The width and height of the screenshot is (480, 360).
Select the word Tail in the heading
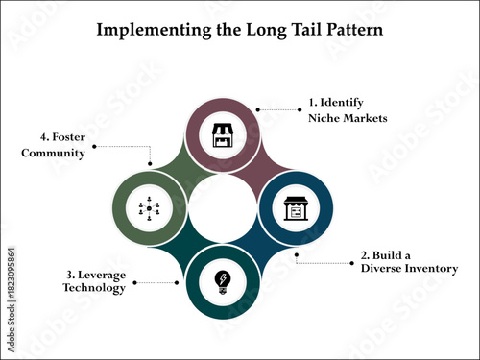(x=290, y=29)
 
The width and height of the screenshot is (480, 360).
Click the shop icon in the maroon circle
(x=223, y=135)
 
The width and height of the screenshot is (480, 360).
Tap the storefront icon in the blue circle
(x=296, y=208)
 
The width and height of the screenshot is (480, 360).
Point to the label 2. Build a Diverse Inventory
(x=408, y=262)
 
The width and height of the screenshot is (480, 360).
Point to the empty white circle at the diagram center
(x=223, y=208)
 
